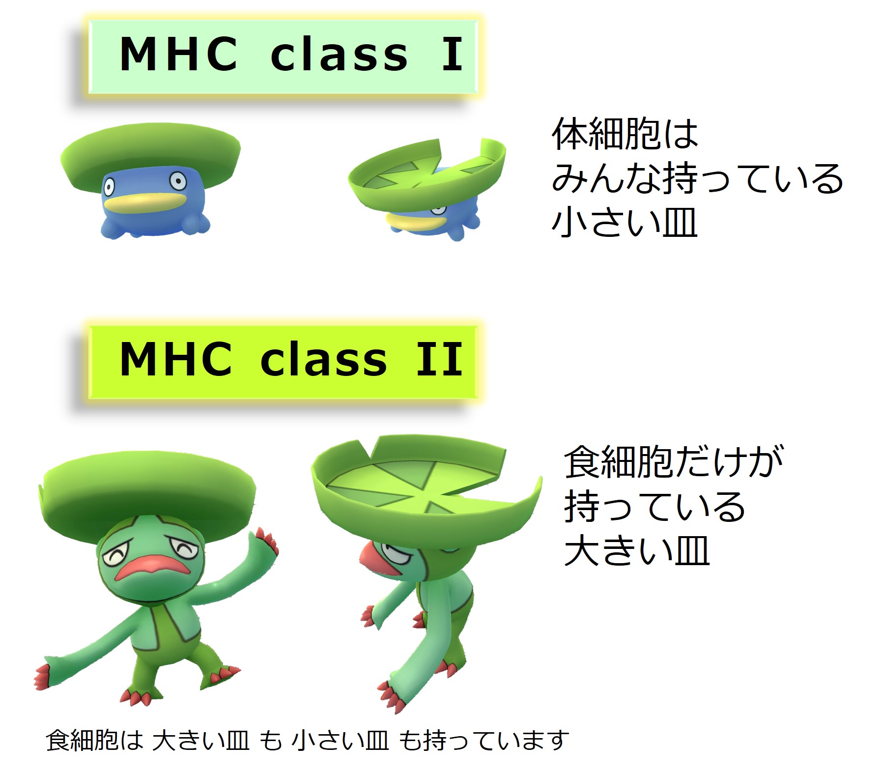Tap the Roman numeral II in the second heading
click(439, 359)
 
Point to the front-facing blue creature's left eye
click(109, 187)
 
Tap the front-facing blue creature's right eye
click(178, 182)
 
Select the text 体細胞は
click(625, 134)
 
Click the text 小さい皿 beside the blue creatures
click(625, 222)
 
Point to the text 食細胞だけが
click(673, 462)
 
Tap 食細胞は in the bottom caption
click(94, 740)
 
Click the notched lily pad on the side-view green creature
click(426, 482)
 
